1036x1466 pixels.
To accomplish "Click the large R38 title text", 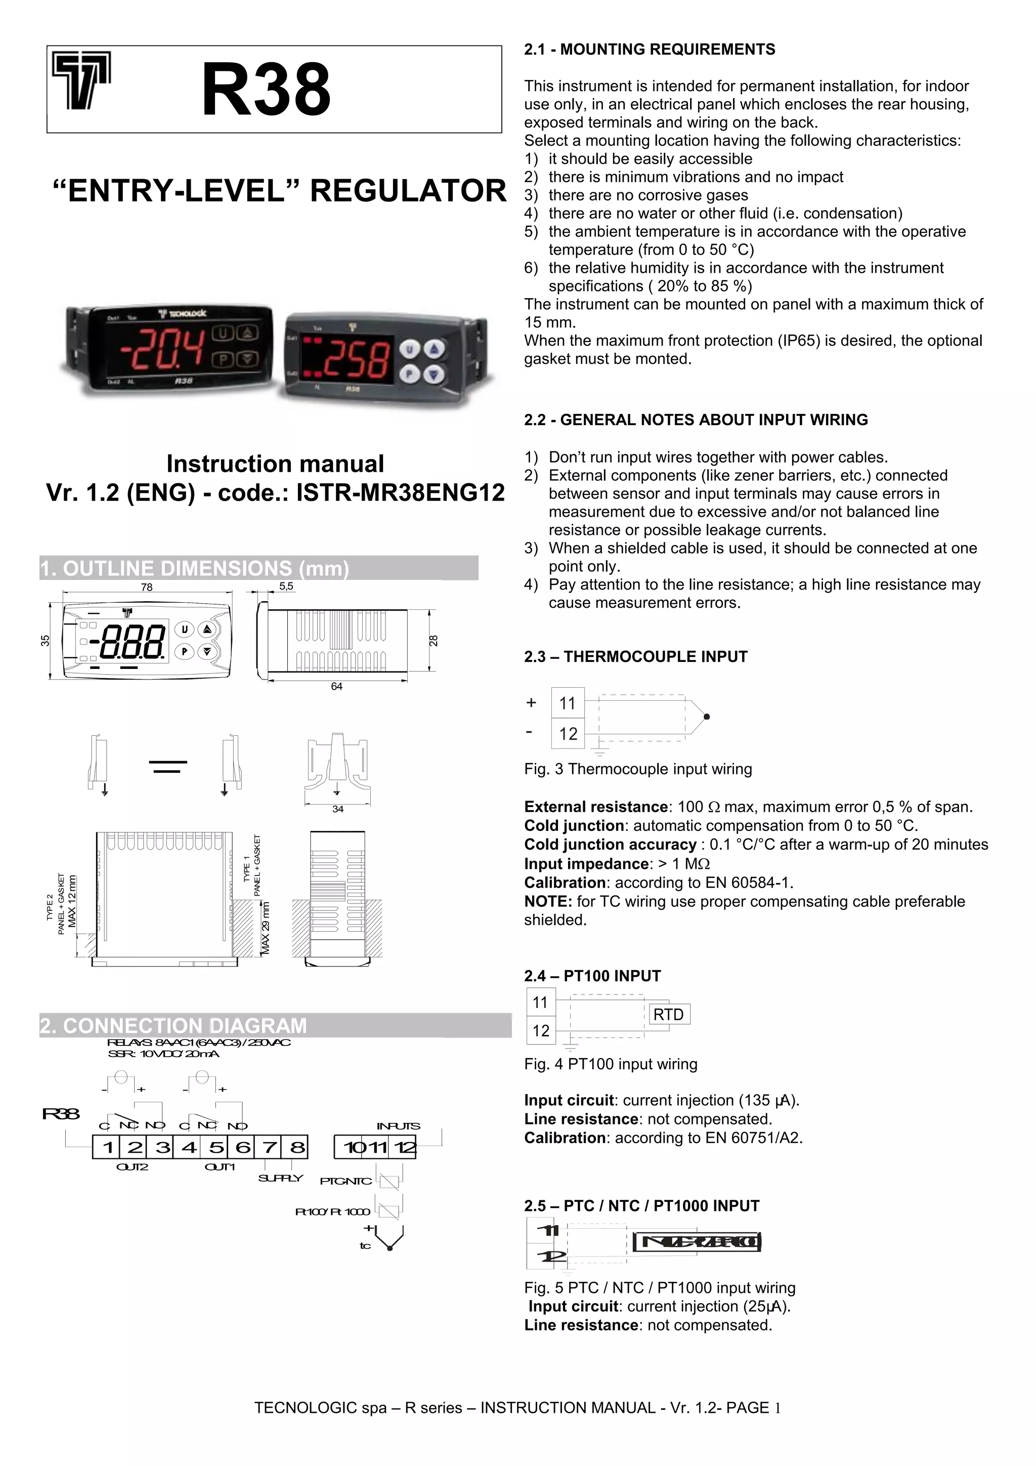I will [x=266, y=90].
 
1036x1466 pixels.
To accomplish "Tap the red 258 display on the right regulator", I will [x=355, y=359].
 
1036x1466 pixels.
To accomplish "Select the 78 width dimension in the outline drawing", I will [x=147, y=588].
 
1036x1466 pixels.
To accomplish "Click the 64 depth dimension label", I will [x=336, y=686].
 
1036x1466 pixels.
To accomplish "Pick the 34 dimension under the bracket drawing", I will [x=338, y=809].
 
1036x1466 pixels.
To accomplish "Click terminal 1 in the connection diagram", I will [x=108, y=1147].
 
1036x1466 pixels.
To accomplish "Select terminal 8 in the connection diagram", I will [x=297, y=1147].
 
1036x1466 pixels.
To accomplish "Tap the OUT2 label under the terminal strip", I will [x=132, y=1167].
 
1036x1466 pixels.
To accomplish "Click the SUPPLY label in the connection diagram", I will [x=280, y=1178].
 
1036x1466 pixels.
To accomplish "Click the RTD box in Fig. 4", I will [x=668, y=1015].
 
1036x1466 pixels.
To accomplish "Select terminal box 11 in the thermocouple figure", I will [x=568, y=703].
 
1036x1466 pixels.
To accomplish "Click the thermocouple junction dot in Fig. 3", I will [x=707, y=717].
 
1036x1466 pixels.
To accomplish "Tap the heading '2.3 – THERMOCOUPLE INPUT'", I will [x=635, y=657].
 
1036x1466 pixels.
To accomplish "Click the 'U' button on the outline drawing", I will [x=185, y=630].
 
